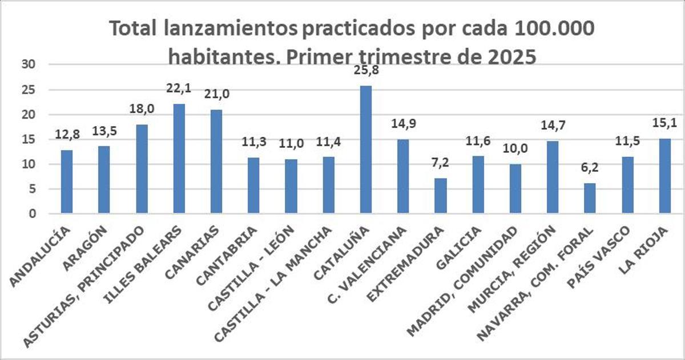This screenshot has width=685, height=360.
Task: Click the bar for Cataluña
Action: pos(365,150)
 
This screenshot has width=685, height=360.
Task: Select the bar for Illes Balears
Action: pos(179,159)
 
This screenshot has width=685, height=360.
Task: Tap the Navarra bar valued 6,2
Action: pos(590,199)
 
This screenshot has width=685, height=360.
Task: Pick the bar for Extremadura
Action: pos(440,196)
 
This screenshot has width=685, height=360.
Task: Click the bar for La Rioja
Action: pos(664,176)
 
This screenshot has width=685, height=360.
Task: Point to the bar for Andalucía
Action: pos(67,182)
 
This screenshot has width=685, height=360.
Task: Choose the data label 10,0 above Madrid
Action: pos(515,149)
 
